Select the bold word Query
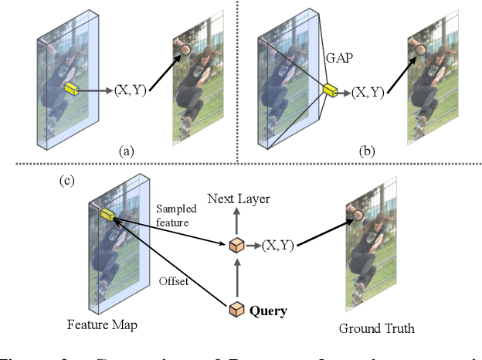click(x=267, y=311)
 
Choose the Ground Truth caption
click(x=377, y=328)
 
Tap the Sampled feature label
click(x=177, y=216)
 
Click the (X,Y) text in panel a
click(x=129, y=91)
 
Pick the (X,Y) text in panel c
click(x=277, y=245)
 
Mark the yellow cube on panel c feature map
click(x=106, y=213)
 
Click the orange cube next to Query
click(x=236, y=310)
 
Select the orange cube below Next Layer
click(x=236, y=245)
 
